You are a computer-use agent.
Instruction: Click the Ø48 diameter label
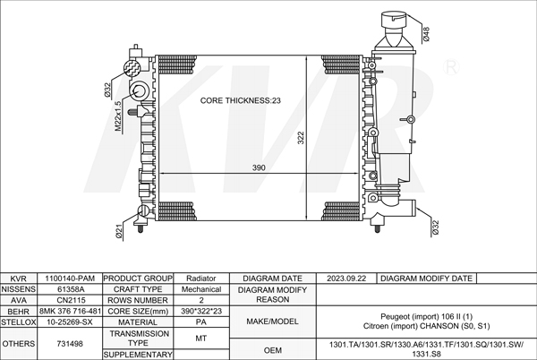click(x=426, y=35)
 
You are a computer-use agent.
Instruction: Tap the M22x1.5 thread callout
click(x=118, y=116)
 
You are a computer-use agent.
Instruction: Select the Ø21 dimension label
click(x=119, y=231)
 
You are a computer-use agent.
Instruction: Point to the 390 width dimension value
click(x=259, y=167)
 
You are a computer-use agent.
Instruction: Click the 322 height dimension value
click(x=301, y=138)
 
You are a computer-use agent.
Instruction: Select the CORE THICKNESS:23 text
click(x=241, y=100)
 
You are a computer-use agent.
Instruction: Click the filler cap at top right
click(x=394, y=21)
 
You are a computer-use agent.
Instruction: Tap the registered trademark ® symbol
click(x=451, y=67)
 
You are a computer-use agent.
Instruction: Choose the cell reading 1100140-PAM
click(x=70, y=279)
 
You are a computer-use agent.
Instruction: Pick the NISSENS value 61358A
click(x=71, y=289)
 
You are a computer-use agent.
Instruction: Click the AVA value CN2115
click(x=70, y=300)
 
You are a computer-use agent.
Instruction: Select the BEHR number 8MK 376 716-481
click(x=70, y=311)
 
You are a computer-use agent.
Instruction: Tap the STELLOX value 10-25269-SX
click(x=70, y=322)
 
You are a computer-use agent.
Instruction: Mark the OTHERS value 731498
click(x=70, y=344)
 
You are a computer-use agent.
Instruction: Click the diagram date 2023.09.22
click(x=346, y=279)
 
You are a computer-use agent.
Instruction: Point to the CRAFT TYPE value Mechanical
click(x=201, y=289)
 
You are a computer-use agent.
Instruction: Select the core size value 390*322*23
click(x=201, y=311)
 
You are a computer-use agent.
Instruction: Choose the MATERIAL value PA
click(x=201, y=322)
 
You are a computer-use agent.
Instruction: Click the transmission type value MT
click(x=201, y=339)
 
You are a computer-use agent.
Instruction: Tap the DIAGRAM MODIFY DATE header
click(x=426, y=279)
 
